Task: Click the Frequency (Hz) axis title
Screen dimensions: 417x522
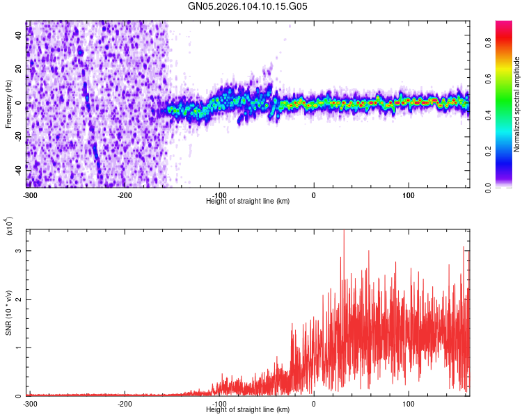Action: [8, 104]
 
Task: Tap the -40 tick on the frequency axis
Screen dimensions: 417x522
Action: [18, 170]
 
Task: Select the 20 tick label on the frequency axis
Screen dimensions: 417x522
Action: [19, 69]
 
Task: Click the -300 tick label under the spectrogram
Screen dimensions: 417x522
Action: [30, 195]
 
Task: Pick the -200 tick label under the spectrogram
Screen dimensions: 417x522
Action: [125, 195]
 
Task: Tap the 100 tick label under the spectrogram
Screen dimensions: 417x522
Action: [409, 195]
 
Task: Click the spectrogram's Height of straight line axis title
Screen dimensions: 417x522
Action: [248, 201]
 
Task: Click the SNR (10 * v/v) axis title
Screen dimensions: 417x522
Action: [8, 313]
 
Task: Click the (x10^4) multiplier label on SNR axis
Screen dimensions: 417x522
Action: [10, 227]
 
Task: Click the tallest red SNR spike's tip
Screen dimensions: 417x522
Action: [344, 231]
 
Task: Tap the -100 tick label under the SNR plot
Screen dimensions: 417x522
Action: [220, 403]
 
